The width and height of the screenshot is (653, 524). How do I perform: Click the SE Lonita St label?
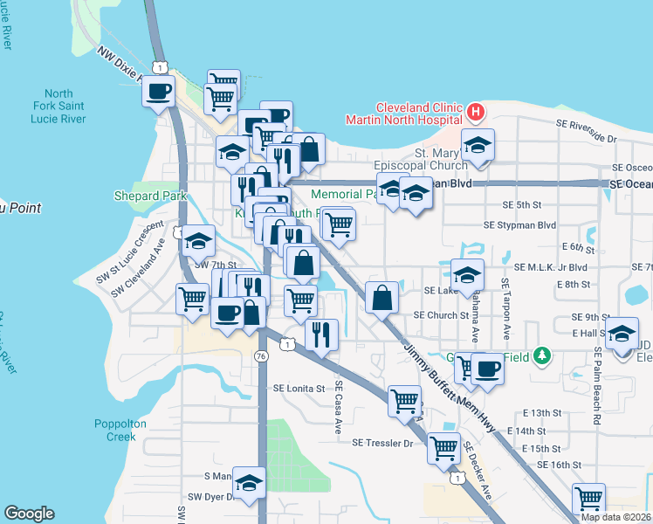(299, 388)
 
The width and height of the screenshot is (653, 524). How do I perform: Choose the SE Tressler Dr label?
(381, 443)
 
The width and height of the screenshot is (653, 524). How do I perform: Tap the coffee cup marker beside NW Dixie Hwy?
(158, 91)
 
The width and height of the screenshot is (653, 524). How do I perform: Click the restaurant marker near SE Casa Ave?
(321, 334)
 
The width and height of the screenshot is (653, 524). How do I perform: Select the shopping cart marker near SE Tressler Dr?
(443, 449)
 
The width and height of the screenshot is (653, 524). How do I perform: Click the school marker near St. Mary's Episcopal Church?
(477, 145)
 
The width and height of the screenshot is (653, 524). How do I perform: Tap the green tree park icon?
(542, 355)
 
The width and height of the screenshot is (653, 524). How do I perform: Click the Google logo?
(29, 514)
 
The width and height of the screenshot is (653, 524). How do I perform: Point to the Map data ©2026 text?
(615, 517)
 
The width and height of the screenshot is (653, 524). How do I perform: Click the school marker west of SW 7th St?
(198, 240)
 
